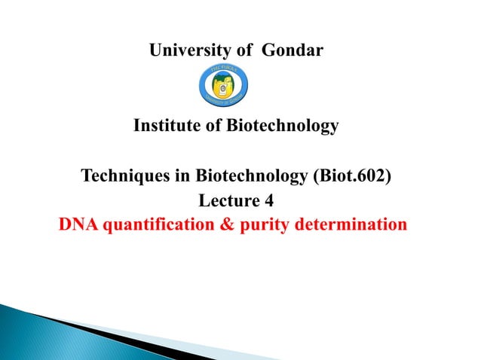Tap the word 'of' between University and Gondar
tap(244, 51)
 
